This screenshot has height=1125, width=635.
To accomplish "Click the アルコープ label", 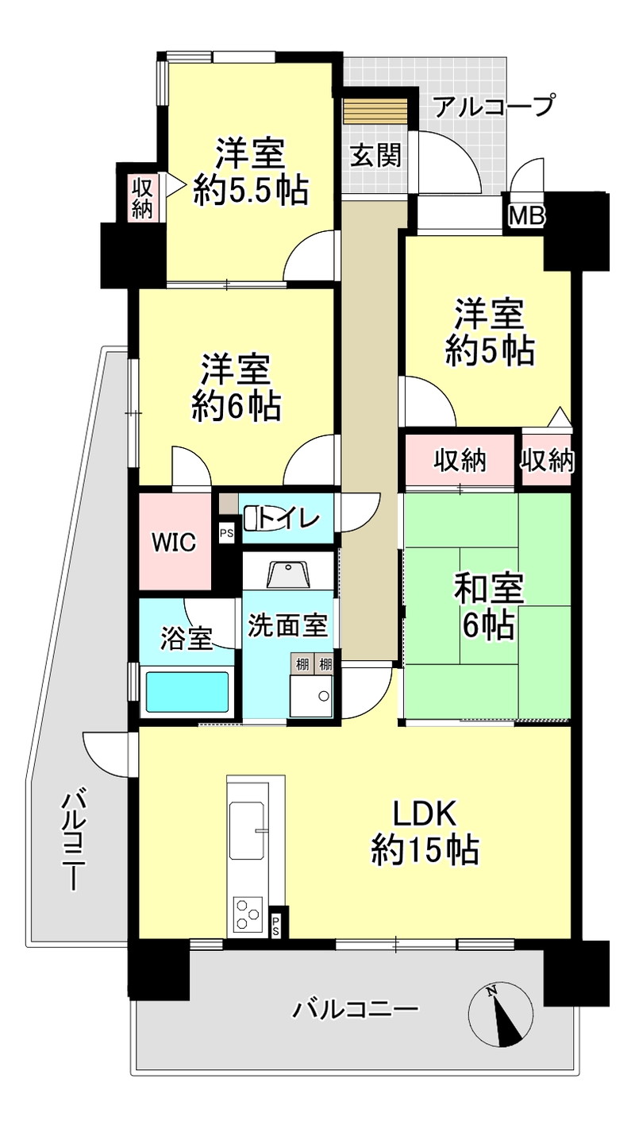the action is coord(495,106).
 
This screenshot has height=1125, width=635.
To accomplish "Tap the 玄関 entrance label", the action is coord(375,155).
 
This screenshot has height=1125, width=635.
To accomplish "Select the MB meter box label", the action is coord(527,216).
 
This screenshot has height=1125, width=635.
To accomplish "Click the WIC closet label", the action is coord(174,543).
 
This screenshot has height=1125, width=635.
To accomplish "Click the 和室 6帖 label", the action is coord(489,607).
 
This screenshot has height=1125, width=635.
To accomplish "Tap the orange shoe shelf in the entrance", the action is coord(375,110).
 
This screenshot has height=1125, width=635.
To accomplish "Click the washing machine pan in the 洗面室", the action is coord(311,696).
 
